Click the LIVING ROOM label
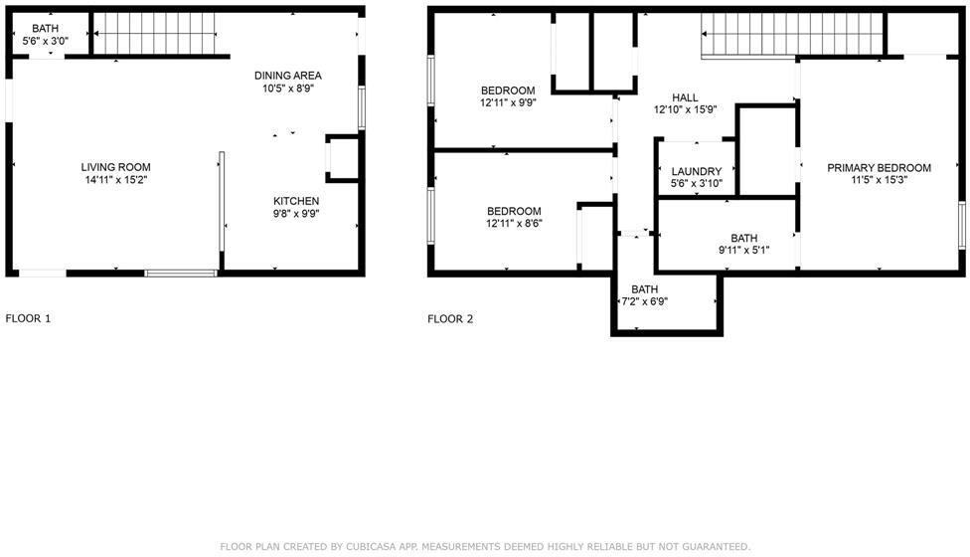click(x=116, y=167)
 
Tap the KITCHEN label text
click(x=296, y=201)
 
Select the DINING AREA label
click(x=287, y=76)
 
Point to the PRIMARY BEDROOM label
click(x=879, y=168)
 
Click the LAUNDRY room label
click(x=696, y=172)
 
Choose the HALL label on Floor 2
click(x=685, y=97)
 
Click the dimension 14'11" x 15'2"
click(x=116, y=180)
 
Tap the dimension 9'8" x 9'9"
click(x=296, y=213)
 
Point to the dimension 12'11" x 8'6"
click(x=513, y=224)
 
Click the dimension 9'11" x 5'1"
click(x=743, y=251)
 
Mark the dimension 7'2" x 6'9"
click(x=644, y=301)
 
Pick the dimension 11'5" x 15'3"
click(x=879, y=181)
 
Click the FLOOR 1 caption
click(x=28, y=319)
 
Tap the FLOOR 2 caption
click(x=450, y=319)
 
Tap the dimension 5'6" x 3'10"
click(x=696, y=184)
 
